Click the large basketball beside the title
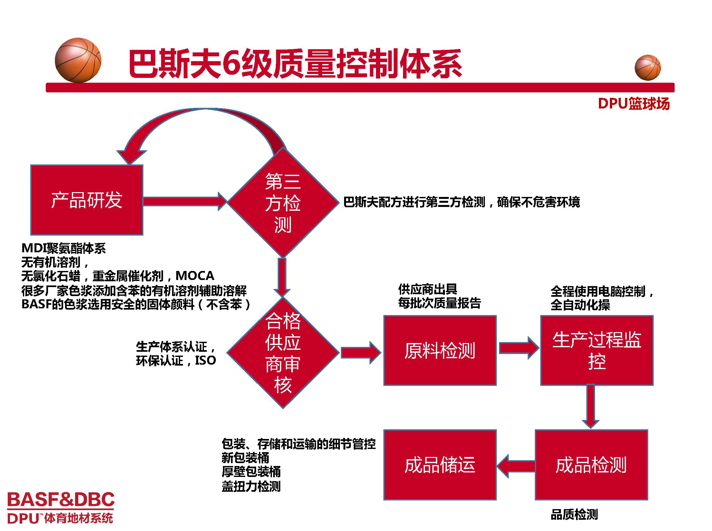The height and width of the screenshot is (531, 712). [78, 60]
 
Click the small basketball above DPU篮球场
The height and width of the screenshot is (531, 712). [647, 68]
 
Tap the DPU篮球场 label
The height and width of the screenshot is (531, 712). [633, 104]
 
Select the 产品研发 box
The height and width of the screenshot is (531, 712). [87, 200]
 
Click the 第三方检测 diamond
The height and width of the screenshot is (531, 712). [283, 202]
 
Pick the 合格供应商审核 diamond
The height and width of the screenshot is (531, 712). [283, 353]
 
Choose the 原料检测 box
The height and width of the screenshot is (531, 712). [440, 350]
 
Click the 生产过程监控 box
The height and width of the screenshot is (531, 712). [597, 350]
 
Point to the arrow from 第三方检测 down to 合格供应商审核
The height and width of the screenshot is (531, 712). [282, 277]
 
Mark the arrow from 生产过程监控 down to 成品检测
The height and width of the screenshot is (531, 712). [591, 406]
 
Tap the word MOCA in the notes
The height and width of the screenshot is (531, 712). [195, 276]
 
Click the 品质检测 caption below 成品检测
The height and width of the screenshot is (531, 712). [574, 515]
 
